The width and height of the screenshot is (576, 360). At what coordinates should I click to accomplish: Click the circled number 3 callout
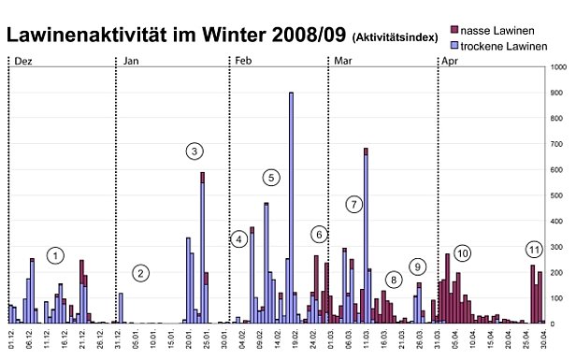[194, 151]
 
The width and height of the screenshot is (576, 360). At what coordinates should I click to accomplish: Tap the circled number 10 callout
[462, 253]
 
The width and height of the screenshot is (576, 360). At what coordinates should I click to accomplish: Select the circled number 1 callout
[56, 255]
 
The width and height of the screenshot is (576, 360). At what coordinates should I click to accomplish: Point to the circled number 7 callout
[353, 204]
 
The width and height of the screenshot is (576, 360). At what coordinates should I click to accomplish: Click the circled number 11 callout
[534, 250]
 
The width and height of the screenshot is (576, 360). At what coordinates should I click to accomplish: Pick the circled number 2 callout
[140, 273]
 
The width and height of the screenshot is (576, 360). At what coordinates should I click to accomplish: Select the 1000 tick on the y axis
[557, 68]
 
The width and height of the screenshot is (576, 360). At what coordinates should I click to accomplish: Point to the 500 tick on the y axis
[557, 196]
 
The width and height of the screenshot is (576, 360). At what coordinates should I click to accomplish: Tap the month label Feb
[242, 60]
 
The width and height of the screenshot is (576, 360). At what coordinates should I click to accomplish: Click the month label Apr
[450, 60]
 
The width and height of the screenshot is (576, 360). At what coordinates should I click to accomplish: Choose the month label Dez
[23, 60]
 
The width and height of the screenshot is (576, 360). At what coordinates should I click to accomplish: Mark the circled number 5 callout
[271, 177]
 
